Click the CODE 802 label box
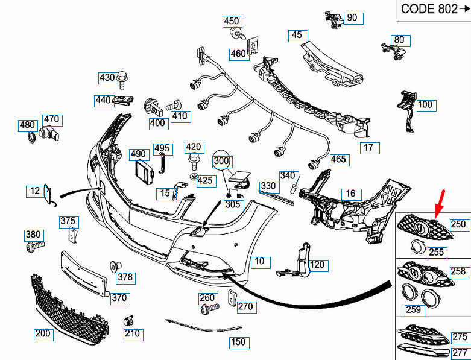(x=434, y=10)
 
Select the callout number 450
(x=232, y=21)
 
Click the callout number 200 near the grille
(x=43, y=333)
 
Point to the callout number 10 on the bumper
(x=260, y=262)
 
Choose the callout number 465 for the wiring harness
(x=339, y=160)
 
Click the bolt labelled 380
(x=35, y=246)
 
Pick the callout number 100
(x=425, y=105)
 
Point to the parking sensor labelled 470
(x=48, y=134)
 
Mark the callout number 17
(x=368, y=147)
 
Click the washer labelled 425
(x=192, y=177)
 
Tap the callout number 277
(x=460, y=352)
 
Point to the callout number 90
(x=352, y=17)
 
